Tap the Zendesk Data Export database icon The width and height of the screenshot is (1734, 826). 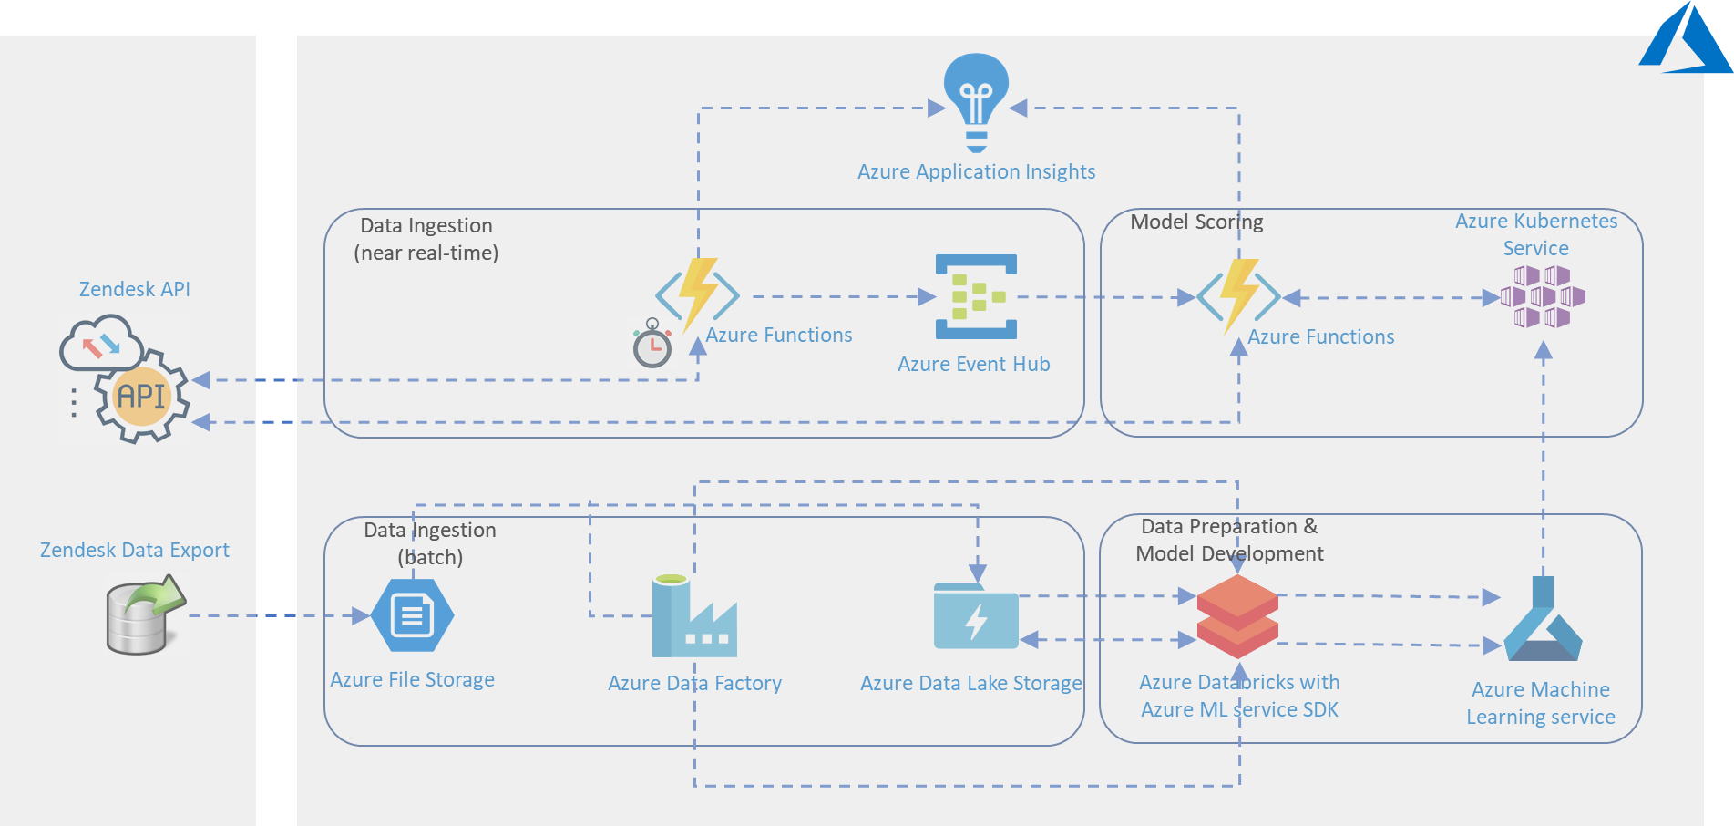click(146, 614)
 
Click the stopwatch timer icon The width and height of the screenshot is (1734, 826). click(652, 344)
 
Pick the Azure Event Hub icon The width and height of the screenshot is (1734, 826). click(976, 296)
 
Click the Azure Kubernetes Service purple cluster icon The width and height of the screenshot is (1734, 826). click(1543, 296)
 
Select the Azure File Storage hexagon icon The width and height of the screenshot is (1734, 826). click(413, 615)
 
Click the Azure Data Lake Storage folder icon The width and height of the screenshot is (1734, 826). click(976, 617)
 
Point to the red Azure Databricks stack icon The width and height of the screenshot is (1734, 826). click(1237, 616)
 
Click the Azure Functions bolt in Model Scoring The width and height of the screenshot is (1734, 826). click(1238, 295)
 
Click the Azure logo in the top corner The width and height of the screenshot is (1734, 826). click(1685, 41)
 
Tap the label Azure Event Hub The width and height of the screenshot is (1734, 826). click(973, 364)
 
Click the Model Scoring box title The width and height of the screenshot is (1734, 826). click(1196, 222)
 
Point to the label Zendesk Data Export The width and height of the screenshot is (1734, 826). click(134, 550)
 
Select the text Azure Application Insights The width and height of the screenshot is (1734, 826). click(976, 171)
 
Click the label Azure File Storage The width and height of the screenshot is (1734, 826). click(412, 679)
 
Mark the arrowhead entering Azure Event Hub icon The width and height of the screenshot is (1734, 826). click(927, 296)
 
